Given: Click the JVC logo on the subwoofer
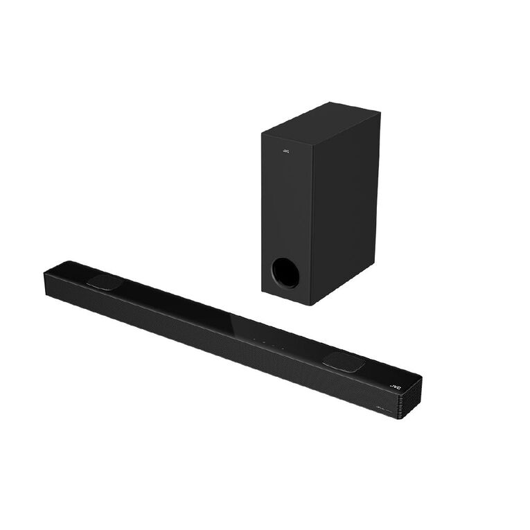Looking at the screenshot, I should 286,149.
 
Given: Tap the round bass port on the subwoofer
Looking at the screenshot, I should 285,272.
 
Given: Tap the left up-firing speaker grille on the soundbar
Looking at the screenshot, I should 105,281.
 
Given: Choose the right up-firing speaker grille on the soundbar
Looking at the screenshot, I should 344,361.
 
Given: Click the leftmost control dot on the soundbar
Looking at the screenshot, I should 254,338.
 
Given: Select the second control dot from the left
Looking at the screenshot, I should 263,341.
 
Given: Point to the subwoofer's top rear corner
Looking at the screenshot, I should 378,112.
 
